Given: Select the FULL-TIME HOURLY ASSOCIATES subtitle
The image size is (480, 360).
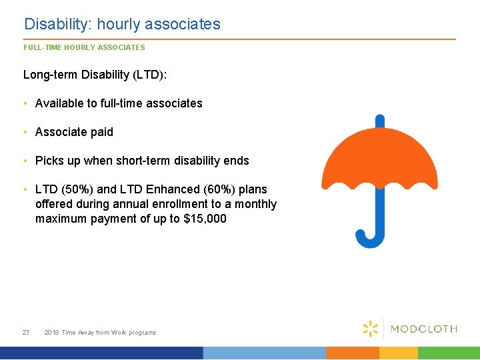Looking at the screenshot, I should pyautogui.click(x=84, y=47).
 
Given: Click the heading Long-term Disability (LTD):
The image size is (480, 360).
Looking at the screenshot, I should pyautogui.click(x=95, y=75).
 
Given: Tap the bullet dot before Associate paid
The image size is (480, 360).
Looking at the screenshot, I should pyautogui.click(x=25, y=132).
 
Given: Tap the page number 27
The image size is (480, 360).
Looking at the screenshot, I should pyautogui.click(x=26, y=332).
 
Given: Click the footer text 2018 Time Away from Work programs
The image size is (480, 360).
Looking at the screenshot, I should pyautogui.click(x=100, y=332).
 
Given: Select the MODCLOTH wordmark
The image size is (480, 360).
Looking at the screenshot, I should pyautogui.click(x=423, y=329).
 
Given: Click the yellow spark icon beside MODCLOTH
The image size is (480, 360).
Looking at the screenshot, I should pyautogui.click(x=371, y=328).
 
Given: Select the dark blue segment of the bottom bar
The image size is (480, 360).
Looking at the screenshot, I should pyautogui.click(x=100, y=353).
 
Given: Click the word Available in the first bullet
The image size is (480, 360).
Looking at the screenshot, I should pyautogui.click(x=59, y=103).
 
